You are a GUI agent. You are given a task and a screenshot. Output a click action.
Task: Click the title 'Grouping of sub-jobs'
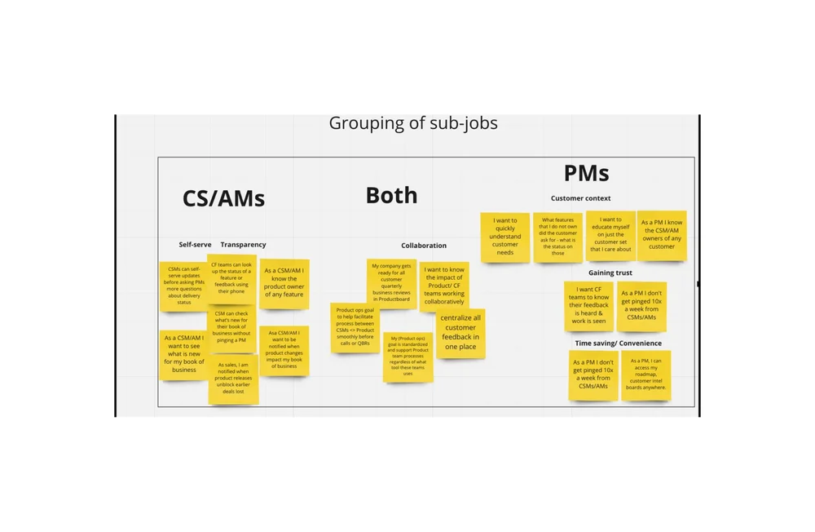coord(412,123)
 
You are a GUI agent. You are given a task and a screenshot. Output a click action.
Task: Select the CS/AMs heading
coord(223,198)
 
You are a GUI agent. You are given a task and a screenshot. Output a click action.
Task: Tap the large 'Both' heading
coord(391,195)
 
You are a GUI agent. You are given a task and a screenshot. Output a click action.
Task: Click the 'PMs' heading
coord(586,173)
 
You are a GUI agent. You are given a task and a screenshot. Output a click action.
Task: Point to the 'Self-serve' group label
coord(195,245)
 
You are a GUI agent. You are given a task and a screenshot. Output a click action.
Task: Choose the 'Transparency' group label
coord(243,245)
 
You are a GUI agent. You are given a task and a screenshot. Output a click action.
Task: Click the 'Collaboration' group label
coord(424,246)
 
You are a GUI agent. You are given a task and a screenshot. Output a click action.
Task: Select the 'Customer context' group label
coord(580,198)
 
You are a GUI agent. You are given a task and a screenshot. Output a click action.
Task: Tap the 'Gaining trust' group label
coord(610,273)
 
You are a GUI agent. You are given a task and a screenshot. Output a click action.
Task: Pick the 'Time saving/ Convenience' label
coord(618,344)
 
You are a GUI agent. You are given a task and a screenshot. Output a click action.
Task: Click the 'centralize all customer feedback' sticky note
coord(460,333)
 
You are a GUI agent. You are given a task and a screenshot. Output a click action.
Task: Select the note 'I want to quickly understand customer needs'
coord(505,237)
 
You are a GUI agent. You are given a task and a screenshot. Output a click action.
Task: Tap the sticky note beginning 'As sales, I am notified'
coord(233,379)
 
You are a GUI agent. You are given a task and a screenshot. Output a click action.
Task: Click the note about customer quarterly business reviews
coord(391,283)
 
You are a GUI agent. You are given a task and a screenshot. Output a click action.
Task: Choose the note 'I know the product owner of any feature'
coord(284,283)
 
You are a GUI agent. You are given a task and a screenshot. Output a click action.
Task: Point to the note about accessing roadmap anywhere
coord(646,375)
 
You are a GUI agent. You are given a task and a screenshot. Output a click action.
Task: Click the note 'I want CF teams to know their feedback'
coord(589,306)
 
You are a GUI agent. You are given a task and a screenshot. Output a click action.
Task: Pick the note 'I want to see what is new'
coord(184,354)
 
